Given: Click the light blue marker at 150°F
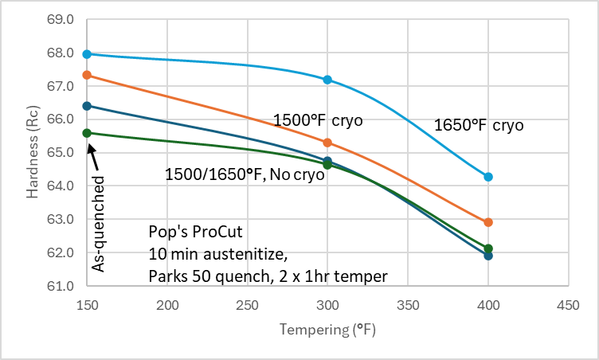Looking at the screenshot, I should [x=87, y=54].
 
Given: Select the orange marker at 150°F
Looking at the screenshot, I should [x=87, y=75].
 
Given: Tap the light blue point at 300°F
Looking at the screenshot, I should [x=327, y=80].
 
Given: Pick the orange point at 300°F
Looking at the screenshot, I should [x=327, y=143].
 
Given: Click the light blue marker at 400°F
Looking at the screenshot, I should [x=488, y=177].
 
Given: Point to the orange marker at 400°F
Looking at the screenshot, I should [x=488, y=222].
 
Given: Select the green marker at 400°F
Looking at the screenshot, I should [x=488, y=248].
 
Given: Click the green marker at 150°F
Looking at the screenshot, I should [x=87, y=133].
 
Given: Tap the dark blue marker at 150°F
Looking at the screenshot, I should [x=87, y=106].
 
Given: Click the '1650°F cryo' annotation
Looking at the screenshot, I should [x=478, y=125].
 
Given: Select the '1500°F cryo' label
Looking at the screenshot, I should [x=318, y=121].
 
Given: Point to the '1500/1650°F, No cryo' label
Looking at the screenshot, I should [x=245, y=174].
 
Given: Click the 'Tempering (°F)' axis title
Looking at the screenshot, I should [x=327, y=329].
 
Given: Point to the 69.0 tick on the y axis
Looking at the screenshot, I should [x=61, y=19].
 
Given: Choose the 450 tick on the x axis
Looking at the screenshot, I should [x=568, y=306].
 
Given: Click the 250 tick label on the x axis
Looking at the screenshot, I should [x=248, y=306].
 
